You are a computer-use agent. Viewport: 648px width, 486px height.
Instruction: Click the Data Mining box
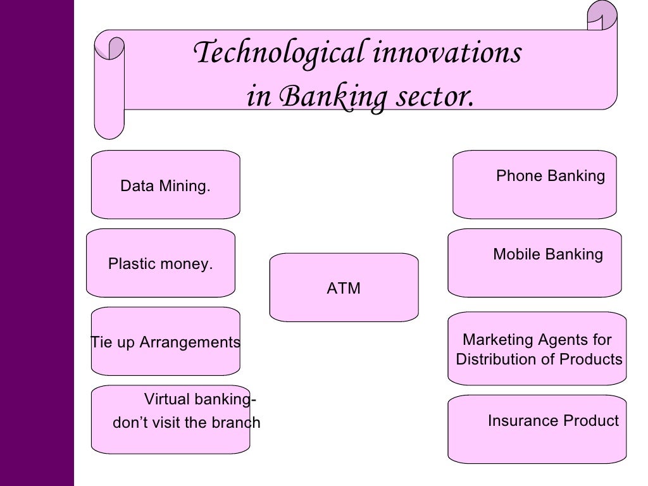coord(165,186)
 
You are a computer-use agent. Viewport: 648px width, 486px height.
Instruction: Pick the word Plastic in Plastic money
coord(131,264)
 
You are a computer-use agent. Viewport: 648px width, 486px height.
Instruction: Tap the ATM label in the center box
coord(344,289)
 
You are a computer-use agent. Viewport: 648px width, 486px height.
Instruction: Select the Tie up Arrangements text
coord(165,342)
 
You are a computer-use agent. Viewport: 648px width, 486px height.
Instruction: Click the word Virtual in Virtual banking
coord(167,400)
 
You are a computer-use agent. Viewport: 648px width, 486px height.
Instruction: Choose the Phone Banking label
coord(551,176)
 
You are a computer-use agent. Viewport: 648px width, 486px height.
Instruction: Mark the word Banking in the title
coord(321,97)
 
